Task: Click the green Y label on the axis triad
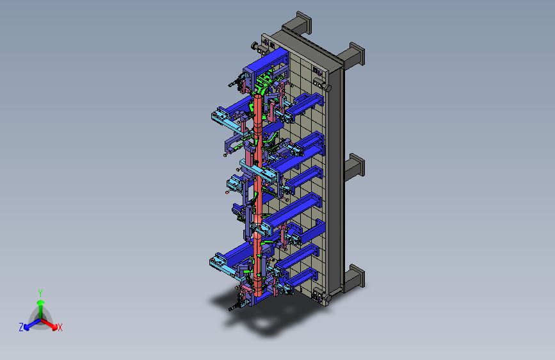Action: click(x=40, y=293)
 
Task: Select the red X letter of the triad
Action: click(x=60, y=328)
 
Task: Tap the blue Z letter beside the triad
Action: click(x=21, y=327)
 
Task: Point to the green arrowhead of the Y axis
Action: click(x=41, y=302)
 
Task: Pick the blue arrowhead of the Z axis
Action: click(x=26, y=327)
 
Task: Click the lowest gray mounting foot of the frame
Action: click(x=354, y=278)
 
